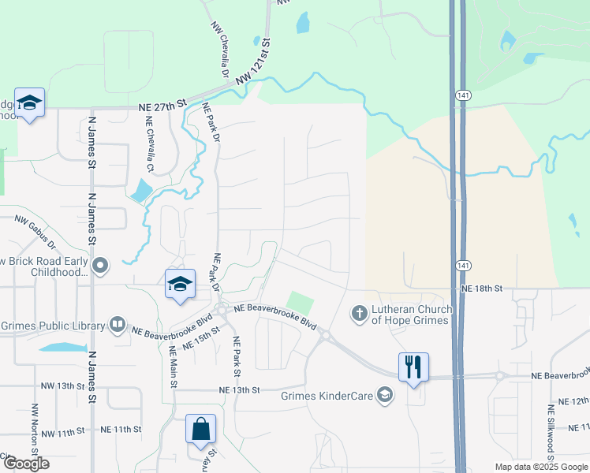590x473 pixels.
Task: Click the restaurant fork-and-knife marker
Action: pyautogui.click(x=413, y=367)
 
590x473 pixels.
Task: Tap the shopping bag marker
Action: pyautogui.click(x=201, y=429)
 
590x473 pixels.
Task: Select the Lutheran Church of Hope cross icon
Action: pyautogui.click(x=359, y=314)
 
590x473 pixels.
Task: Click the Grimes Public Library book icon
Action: pyautogui.click(x=117, y=324)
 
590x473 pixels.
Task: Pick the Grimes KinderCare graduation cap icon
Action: pyautogui.click(x=385, y=394)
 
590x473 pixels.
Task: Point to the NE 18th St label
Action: pyautogui.click(x=482, y=289)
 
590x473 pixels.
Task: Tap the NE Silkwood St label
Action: pyautogui.click(x=551, y=433)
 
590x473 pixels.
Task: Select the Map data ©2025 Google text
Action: pyautogui.click(x=540, y=467)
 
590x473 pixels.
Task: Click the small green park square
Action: pyautogui.click(x=300, y=302)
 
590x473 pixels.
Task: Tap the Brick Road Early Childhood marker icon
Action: pyautogui.click(x=99, y=266)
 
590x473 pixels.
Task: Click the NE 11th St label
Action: pyautogui.click(x=121, y=430)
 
